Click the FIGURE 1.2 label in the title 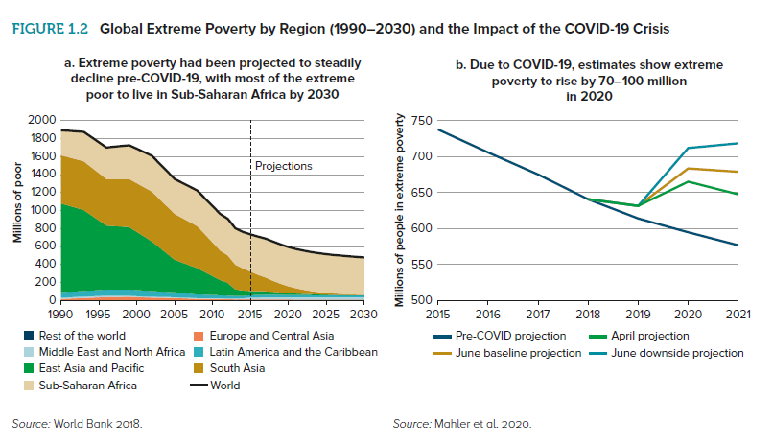51,28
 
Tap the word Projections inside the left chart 284,166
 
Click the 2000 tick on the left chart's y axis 41,120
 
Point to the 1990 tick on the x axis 60,314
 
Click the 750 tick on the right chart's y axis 419,120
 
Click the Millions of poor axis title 17,209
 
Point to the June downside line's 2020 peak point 689,148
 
